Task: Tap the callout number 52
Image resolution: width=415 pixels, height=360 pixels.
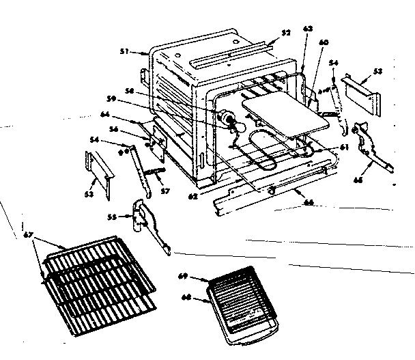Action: [285, 32]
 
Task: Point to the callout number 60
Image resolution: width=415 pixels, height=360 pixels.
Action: [324, 42]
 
